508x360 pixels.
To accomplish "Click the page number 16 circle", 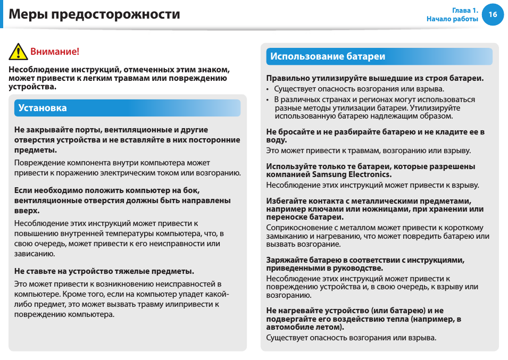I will (493, 14).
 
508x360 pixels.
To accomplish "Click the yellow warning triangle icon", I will (18, 52).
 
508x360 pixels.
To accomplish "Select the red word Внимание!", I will (54, 52).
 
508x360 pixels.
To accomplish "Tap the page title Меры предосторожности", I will (95, 14).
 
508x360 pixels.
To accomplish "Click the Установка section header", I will (43, 108).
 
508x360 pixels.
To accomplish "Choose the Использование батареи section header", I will (328, 56).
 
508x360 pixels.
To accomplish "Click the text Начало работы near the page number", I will (452, 19).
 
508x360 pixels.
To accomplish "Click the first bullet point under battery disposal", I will (268, 89).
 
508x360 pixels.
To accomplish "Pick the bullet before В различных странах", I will (268, 100).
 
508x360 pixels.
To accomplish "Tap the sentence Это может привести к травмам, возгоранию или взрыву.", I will (368, 150).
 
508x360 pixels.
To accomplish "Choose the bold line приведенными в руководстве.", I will (324, 268).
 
